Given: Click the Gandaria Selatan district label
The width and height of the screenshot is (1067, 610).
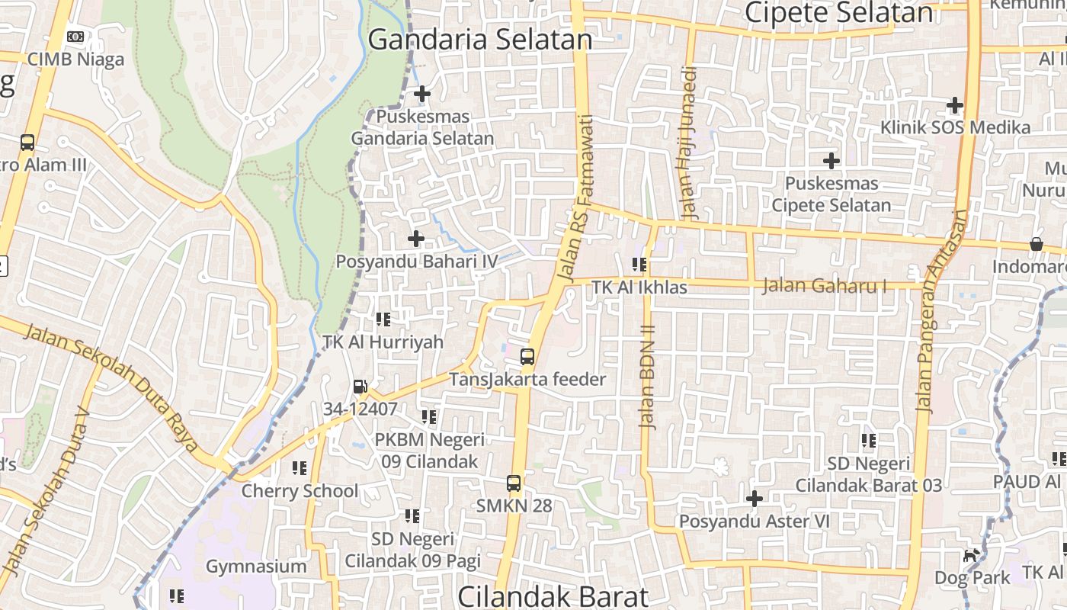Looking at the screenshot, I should click(480, 40).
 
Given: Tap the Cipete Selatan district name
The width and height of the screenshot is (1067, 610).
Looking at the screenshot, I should click(838, 12).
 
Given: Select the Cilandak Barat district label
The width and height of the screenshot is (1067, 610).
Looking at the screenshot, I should click(553, 596).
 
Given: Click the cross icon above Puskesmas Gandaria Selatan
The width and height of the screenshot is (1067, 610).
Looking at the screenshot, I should click(421, 94).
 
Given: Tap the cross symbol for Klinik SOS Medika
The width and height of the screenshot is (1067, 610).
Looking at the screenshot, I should click(954, 105).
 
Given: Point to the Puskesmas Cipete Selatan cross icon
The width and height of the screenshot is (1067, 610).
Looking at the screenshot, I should click(831, 161).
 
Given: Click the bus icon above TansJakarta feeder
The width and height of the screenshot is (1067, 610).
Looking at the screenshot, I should click(527, 356).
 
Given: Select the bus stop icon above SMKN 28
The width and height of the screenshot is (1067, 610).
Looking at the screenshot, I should click(514, 483).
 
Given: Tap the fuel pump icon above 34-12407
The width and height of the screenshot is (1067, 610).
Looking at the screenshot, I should click(360, 387).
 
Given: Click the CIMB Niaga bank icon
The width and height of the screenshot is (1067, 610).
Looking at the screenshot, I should click(75, 36).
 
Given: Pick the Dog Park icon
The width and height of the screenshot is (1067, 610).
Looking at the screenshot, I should click(970, 555).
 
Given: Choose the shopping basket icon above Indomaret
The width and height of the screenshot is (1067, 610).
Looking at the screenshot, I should click(1036, 244).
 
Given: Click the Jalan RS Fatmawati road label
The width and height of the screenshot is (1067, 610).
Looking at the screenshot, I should click(576, 198).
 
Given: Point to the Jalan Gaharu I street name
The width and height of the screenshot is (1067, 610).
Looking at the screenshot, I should click(825, 286).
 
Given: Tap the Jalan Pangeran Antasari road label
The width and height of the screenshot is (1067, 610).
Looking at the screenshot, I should click(942, 311).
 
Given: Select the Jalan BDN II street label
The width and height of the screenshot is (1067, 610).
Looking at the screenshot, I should click(648, 377).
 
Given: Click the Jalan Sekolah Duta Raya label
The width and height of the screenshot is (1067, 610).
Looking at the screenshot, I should click(111, 388).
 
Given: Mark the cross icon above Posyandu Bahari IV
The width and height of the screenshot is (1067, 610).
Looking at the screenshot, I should click(415, 239).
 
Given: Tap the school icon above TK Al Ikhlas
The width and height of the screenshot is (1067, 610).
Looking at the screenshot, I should click(639, 265).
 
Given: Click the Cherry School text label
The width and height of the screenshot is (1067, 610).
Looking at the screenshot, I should click(300, 491).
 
